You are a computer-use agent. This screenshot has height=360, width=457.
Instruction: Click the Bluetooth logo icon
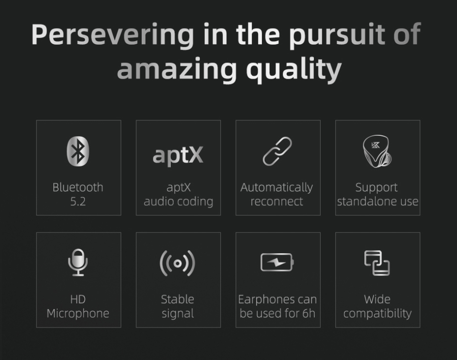pyautogui.click(x=78, y=151)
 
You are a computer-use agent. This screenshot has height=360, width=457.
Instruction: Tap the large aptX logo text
pyautogui.click(x=178, y=155)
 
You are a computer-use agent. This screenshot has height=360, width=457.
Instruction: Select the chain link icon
pyautogui.click(x=277, y=151)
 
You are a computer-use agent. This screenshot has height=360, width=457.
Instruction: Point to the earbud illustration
pyautogui.click(x=377, y=151)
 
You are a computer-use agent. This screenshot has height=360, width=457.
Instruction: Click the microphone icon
pyautogui.click(x=78, y=262)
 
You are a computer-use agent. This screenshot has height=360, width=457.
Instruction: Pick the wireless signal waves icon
pyautogui.click(x=178, y=263)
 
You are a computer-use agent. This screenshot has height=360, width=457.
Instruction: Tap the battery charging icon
pyautogui.click(x=277, y=262)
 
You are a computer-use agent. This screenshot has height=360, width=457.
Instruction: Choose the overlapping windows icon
pyautogui.click(x=377, y=263)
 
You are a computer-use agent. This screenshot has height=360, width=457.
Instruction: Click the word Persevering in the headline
pyautogui.click(x=113, y=35)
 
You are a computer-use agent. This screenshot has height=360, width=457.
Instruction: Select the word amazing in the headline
pyautogui.click(x=177, y=69)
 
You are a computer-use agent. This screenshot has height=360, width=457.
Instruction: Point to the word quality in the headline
pyautogui.click(x=294, y=69)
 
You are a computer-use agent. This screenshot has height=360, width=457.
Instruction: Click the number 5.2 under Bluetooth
pyautogui.click(x=78, y=201)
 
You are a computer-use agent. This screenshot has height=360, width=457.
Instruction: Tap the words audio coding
pyautogui.click(x=179, y=202)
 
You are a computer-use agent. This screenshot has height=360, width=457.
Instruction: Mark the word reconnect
pyautogui.click(x=277, y=202)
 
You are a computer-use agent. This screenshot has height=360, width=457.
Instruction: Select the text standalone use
pyautogui.click(x=378, y=201)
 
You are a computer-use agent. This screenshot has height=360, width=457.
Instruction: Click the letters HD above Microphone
pyautogui.click(x=78, y=299)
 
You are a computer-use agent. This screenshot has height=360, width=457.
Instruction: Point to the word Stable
pyautogui.click(x=178, y=299)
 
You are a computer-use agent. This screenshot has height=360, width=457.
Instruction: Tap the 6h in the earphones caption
pyautogui.click(x=309, y=313)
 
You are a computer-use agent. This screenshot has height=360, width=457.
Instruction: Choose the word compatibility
pyautogui.click(x=377, y=314)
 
